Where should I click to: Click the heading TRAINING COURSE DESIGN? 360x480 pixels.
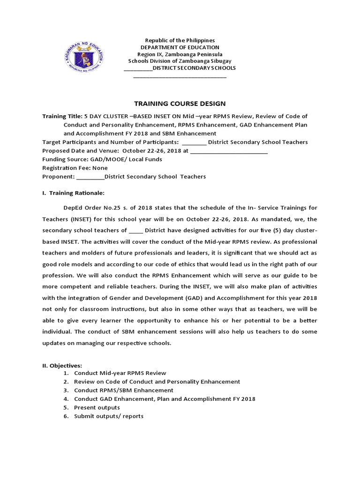[x=180, y=104]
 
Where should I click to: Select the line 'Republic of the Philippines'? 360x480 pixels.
[x=180, y=41]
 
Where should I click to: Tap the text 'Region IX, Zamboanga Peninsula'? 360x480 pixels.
[x=180, y=54]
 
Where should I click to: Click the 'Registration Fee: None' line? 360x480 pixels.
[x=75, y=168]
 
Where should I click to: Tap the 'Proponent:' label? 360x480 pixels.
[x=59, y=177]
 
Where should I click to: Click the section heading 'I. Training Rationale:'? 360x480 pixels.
[x=74, y=193]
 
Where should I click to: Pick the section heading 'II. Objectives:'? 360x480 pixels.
[x=62, y=365]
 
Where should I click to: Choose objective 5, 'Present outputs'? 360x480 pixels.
[x=97, y=407]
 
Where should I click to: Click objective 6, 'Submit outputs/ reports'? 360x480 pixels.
[x=109, y=416]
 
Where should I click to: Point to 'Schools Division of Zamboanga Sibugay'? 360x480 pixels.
[x=180, y=61]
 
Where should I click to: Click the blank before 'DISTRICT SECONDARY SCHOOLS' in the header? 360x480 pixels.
[x=138, y=68]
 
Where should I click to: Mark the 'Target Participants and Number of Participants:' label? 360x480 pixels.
[x=110, y=142]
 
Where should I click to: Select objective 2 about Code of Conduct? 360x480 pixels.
[x=157, y=382]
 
